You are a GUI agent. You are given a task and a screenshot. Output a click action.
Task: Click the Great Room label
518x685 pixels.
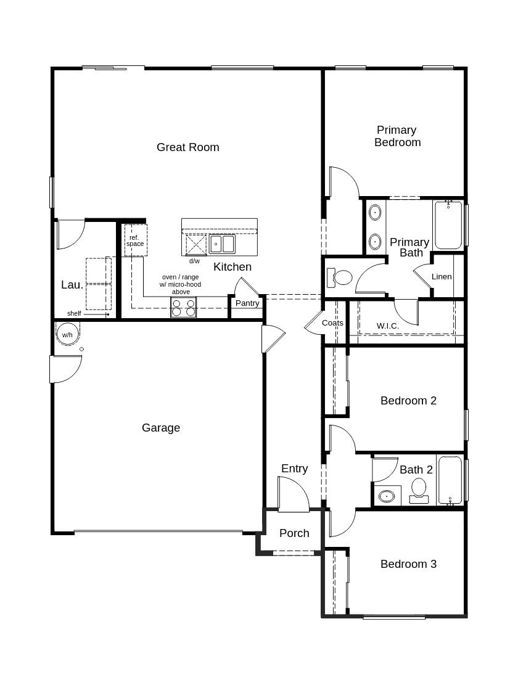click(x=187, y=147)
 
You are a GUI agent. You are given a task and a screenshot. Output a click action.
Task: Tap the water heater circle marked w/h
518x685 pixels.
click(x=67, y=334)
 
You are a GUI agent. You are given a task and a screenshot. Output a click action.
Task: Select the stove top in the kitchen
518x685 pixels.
click(x=183, y=307)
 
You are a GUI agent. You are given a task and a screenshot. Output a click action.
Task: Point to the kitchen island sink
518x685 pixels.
click(x=222, y=244)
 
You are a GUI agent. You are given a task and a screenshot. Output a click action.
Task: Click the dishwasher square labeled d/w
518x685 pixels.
click(x=196, y=245)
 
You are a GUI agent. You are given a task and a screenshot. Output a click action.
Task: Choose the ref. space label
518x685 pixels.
click(x=135, y=240)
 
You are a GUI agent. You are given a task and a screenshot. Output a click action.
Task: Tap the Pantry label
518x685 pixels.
click(x=247, y=303)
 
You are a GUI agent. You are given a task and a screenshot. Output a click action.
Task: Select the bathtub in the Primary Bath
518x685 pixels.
click(x=448, y=224)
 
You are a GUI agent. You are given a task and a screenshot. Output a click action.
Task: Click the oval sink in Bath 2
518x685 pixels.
click(x=387, y=495)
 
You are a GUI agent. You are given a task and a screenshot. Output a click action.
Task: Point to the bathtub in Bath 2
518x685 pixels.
click(x=450, y=480)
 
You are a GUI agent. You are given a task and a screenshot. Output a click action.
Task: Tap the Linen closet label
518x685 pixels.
click(x=442, y=276)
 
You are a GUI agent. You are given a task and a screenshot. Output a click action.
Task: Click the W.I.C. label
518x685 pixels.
click(x=388, y=326)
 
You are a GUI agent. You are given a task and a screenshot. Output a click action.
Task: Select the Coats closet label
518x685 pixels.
click(x=332, y=322)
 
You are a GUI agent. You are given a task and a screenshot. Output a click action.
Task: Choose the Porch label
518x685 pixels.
click(x=294, y=533)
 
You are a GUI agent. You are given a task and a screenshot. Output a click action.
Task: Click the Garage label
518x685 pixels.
click(x=161, y=427)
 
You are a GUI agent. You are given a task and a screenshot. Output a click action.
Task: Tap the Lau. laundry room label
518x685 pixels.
click(x=72, y=285)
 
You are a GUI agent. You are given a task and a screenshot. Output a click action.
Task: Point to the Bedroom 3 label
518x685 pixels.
click(x=408, y=564)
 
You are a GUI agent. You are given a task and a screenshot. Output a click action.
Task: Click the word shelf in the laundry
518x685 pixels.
click(x=74, y=313)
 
